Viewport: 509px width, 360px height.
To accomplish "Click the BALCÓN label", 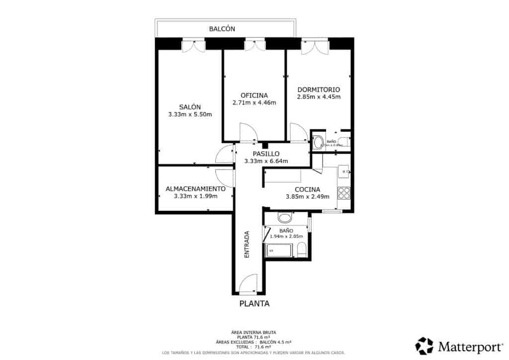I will pyautogui.click(x=222, y=29).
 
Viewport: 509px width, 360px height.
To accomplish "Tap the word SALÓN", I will pyautogui.click(x=190, y=107).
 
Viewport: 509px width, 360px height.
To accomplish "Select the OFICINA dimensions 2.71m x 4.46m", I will pyautogui.click(x=254, y=103).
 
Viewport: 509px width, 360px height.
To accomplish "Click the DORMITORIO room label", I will pyautogui.click(x=318, y=90).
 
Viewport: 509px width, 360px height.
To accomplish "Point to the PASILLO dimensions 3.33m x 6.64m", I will pyautogui.click(x=266, y=161).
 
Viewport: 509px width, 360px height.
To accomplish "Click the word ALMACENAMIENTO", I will pyautogui.click(x=195, y=189).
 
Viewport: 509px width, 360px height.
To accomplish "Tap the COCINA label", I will pyautogui.click(x=307, y=189).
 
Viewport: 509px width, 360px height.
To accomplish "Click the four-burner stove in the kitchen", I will pyautogui.click(x=344, y=192).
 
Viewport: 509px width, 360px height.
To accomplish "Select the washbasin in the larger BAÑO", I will pyautogui.click(x=285, y=218).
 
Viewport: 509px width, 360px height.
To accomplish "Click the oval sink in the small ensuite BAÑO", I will pyautogui.click(x=318, y=143).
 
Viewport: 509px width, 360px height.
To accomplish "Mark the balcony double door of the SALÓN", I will pyautogui.click(x=193, y=46).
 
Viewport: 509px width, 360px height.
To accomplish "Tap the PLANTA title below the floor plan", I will pyautogui.click(x=254, y=304).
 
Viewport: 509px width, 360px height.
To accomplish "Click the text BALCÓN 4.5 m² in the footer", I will pyautogui.click(x=275, y=342).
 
